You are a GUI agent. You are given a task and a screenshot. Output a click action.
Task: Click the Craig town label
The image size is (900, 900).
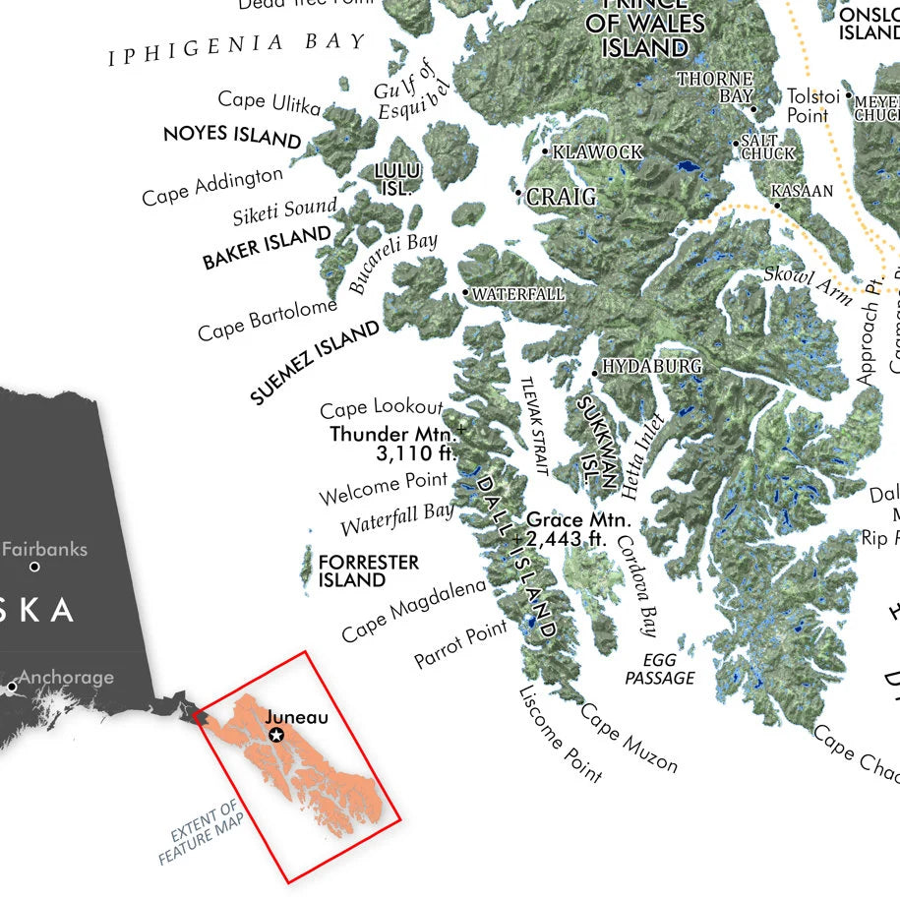[x=561, y=197]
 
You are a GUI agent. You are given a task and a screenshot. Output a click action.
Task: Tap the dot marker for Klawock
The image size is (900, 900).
[x=545, y=151]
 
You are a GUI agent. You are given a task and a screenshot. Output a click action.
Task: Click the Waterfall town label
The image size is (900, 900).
[x=518, y=294]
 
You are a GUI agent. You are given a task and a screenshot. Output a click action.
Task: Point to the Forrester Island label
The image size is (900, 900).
[x=368, y=571]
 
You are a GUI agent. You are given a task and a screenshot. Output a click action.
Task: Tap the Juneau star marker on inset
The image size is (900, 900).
[x=276, y=735]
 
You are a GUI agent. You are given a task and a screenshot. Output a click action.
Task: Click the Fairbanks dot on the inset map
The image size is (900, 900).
[x=35, y=567]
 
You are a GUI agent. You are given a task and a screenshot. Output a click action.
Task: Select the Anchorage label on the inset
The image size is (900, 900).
[x=66, y=678]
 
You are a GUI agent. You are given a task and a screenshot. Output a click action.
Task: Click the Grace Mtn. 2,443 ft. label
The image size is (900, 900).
[x=578, y=529]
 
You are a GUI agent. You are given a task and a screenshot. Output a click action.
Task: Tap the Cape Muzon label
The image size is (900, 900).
[x=629, y=738]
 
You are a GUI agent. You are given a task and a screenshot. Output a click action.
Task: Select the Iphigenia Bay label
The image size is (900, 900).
[x=237, y=47]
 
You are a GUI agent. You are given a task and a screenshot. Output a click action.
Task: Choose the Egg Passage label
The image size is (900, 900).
[x=660, y=669]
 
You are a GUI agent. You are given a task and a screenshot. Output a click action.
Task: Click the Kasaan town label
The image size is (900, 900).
[x=802, y=191]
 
